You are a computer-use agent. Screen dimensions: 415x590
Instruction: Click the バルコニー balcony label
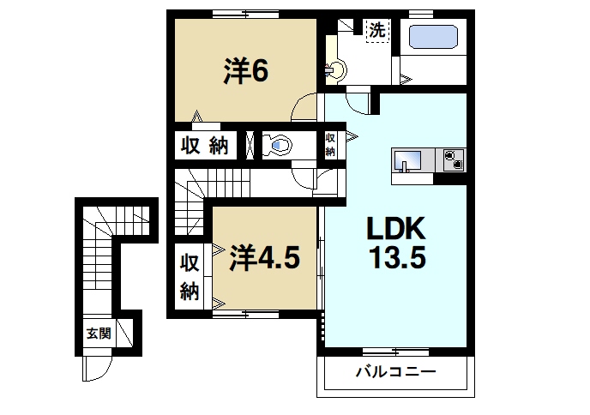click(x=395, y=373)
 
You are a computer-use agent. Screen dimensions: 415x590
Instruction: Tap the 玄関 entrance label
click(x=98, y=334)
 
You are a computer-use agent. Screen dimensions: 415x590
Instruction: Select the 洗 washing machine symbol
click(x=376, y=30)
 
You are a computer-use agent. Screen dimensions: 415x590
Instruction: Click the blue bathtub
click(x=433, y=39)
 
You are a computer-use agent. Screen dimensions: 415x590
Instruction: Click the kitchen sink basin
click(x=407, y=160)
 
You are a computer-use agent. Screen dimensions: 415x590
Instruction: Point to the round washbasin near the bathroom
click(x=335, y=69)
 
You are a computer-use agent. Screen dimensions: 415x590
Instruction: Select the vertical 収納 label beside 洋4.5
click(x=189, y=278)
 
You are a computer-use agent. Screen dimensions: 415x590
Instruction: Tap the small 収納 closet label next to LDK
click(x=330, y=144)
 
